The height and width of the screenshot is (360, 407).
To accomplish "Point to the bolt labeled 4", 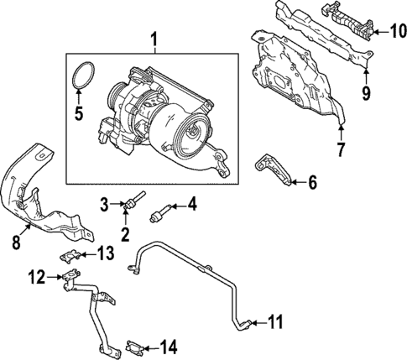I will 159,209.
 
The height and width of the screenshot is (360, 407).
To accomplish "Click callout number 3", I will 105,203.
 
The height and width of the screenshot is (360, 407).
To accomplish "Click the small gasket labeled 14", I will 135,344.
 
